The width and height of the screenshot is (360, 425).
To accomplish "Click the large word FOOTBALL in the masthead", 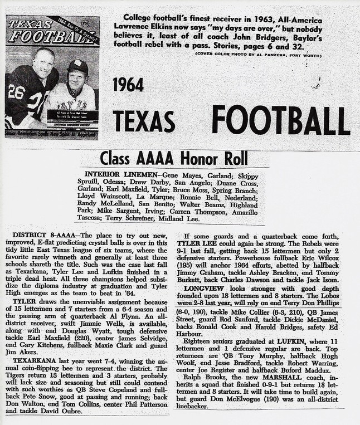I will click(281, 120).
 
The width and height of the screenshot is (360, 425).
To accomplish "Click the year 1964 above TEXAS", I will click(128, 85).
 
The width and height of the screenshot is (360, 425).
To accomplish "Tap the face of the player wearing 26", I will click(43, 63).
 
